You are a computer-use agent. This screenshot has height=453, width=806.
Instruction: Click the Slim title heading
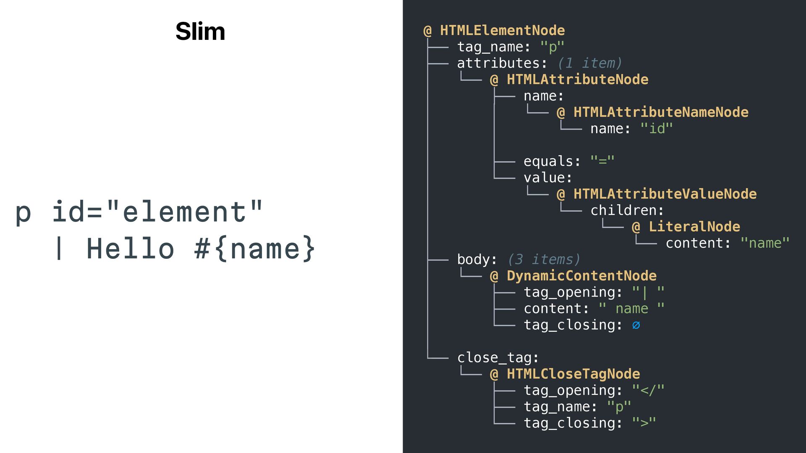coord(200,31)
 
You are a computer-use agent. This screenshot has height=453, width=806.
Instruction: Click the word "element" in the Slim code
coord(185,211)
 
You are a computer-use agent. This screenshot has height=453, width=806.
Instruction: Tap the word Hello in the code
coord(130,248)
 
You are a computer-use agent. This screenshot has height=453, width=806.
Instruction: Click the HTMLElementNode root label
coord(502,30)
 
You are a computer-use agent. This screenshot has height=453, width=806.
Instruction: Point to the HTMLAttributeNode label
coord(577,79)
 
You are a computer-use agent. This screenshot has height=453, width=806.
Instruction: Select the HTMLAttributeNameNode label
coord(661,112)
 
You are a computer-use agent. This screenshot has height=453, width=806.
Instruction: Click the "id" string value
coord(657,128)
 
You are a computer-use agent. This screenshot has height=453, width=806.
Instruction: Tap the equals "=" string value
coord(602,161)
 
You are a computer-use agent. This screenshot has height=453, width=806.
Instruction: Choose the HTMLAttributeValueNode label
coord(665,194)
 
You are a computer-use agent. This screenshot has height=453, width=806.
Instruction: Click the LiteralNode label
coord(694,226)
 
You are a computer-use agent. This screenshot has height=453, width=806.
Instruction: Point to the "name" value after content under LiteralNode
coord(765,243)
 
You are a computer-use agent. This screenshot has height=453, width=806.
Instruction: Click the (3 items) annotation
coord(544,259)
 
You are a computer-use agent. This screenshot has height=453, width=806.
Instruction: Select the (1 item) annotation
coord(589,63)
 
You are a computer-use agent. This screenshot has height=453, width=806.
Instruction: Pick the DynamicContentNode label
coord(581,276)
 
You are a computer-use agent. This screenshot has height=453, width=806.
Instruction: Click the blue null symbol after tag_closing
coord(636,325)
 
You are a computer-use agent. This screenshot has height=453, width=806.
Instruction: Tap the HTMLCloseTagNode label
coord(573,374)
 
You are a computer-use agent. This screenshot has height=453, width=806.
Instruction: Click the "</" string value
coord(648,390)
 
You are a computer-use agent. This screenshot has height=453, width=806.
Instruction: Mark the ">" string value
coord(644,423)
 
